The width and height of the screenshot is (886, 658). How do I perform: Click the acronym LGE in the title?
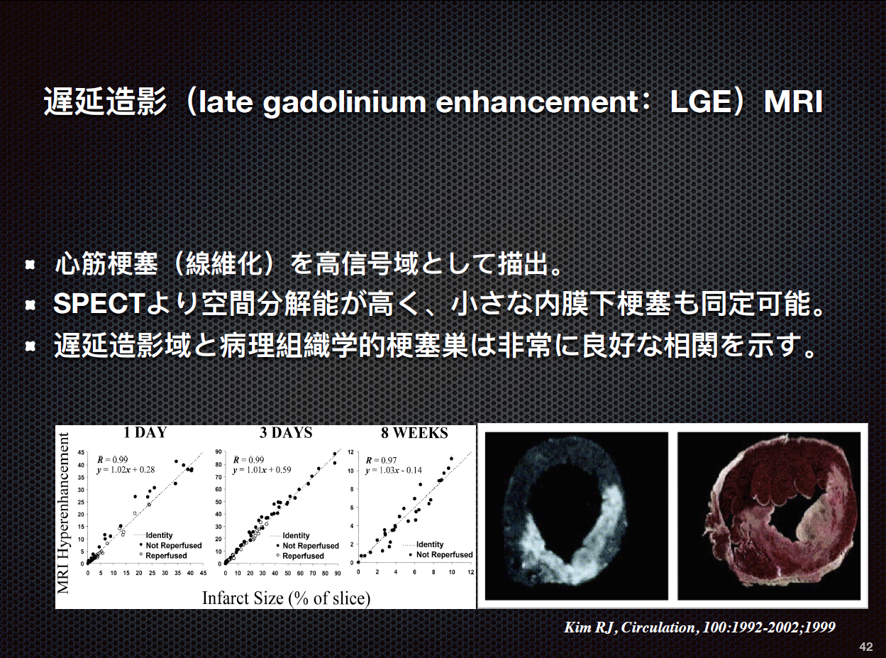point(700,102)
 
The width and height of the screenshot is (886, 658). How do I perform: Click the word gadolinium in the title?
point(345,104)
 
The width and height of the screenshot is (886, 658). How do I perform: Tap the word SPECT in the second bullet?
point(99,304)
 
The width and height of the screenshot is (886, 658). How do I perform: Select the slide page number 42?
point(865,647)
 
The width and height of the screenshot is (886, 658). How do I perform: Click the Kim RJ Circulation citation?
point(699,627)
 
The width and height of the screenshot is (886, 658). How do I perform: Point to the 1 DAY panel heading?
point(145,432)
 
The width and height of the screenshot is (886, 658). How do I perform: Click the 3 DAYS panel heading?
point(286,432)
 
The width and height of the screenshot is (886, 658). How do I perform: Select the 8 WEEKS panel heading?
point(414,433)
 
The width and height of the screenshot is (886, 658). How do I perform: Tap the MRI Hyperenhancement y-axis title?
point(64,513)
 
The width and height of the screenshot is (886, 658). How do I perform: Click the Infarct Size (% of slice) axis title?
point(287,598)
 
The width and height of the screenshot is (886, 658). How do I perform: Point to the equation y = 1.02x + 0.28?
point(126,470)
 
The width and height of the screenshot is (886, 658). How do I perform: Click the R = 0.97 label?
point(381,460)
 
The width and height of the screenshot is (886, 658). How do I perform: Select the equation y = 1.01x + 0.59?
point(262,470)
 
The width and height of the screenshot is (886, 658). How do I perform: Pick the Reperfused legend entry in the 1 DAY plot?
point(163,556)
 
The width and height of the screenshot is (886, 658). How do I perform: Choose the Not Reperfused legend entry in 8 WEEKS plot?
point(441,554)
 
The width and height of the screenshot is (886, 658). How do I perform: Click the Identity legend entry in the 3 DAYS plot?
point(290,535)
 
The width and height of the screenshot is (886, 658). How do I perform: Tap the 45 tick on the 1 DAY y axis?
point(81,453)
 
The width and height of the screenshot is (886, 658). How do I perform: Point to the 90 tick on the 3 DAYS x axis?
point(338,574)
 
